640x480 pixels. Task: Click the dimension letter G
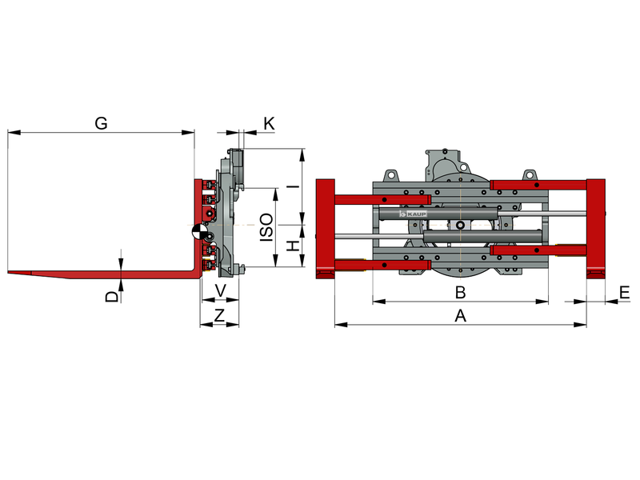101,123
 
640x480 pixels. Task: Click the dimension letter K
269,123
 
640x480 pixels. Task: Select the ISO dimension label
266,227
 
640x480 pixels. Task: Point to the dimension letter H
293,246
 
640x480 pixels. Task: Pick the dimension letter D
112,296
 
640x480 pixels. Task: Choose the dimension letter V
221,290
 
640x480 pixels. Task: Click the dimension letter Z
219,315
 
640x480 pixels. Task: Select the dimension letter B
460,292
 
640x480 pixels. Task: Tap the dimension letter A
460,315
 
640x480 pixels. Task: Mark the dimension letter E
625,293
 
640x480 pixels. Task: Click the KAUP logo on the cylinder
413,214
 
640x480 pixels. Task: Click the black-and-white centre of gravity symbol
199,232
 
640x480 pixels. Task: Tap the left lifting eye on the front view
391,175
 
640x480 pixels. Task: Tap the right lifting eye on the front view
530,175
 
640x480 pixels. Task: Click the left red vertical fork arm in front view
326,229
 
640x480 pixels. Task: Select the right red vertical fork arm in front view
596,229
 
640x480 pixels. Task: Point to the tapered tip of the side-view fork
9,271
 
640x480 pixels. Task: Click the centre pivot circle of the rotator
461,226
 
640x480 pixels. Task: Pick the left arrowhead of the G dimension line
14,132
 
